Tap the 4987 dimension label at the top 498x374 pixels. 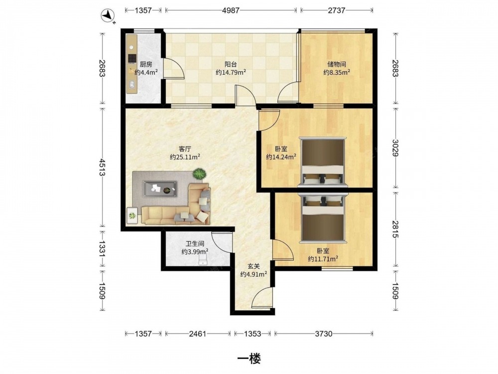click(x=231, y=10)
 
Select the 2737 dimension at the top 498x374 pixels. click(x=336, y=10)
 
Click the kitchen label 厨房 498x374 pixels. click(x=146, y=64)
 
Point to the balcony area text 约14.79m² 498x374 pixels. click(x=231, y=72)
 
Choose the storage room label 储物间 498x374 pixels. click(x=336, y=64)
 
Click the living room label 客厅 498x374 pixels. click(x=185, y=149)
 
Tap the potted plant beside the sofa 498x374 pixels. click(x=200, y=174)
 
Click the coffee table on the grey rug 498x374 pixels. click(x=160, y=189)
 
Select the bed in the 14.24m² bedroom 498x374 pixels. click(x=322, y=162)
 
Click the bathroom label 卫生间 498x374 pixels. click(x=195, y=244)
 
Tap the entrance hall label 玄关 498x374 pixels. click(x=253, y=266)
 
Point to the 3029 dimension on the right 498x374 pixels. click(x=395, y=148)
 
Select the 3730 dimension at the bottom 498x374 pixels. click(x=323, y=334)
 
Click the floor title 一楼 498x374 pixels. click(x=249, y=359)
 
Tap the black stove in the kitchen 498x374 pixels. click(x=132, y=58)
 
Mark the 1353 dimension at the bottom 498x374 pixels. click(x=252, y=334)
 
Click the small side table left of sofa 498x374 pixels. click(x=132, y=216)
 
